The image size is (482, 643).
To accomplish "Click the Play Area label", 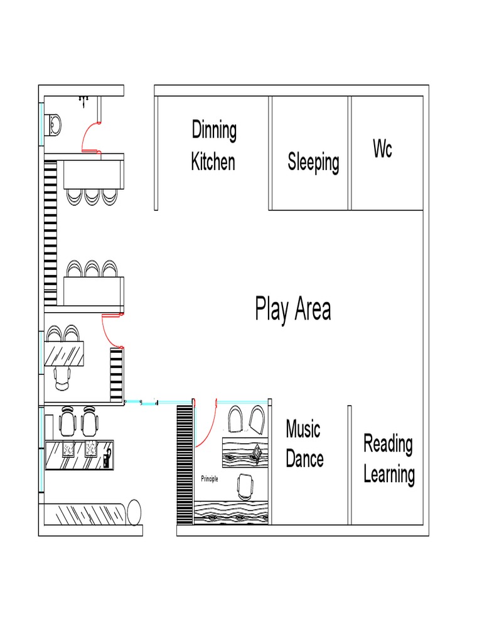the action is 292,309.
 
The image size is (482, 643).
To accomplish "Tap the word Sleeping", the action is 313,162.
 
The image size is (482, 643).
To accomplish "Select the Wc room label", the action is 382,148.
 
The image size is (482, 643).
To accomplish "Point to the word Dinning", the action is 214,130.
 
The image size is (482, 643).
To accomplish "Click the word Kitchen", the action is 213,161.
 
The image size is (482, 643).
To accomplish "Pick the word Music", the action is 303,429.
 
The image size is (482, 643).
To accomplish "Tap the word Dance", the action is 304,458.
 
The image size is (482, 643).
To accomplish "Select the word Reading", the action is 388,444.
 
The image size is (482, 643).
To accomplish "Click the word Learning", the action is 389,475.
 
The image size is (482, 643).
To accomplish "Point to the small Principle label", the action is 210,478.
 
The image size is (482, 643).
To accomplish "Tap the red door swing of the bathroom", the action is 88,136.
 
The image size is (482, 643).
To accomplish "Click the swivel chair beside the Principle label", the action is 245,487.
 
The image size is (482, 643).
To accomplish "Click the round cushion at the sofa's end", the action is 134,512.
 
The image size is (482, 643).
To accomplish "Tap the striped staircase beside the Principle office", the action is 185,465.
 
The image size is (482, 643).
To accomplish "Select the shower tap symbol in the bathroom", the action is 83,100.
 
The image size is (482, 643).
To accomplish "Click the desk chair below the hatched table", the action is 62,379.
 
